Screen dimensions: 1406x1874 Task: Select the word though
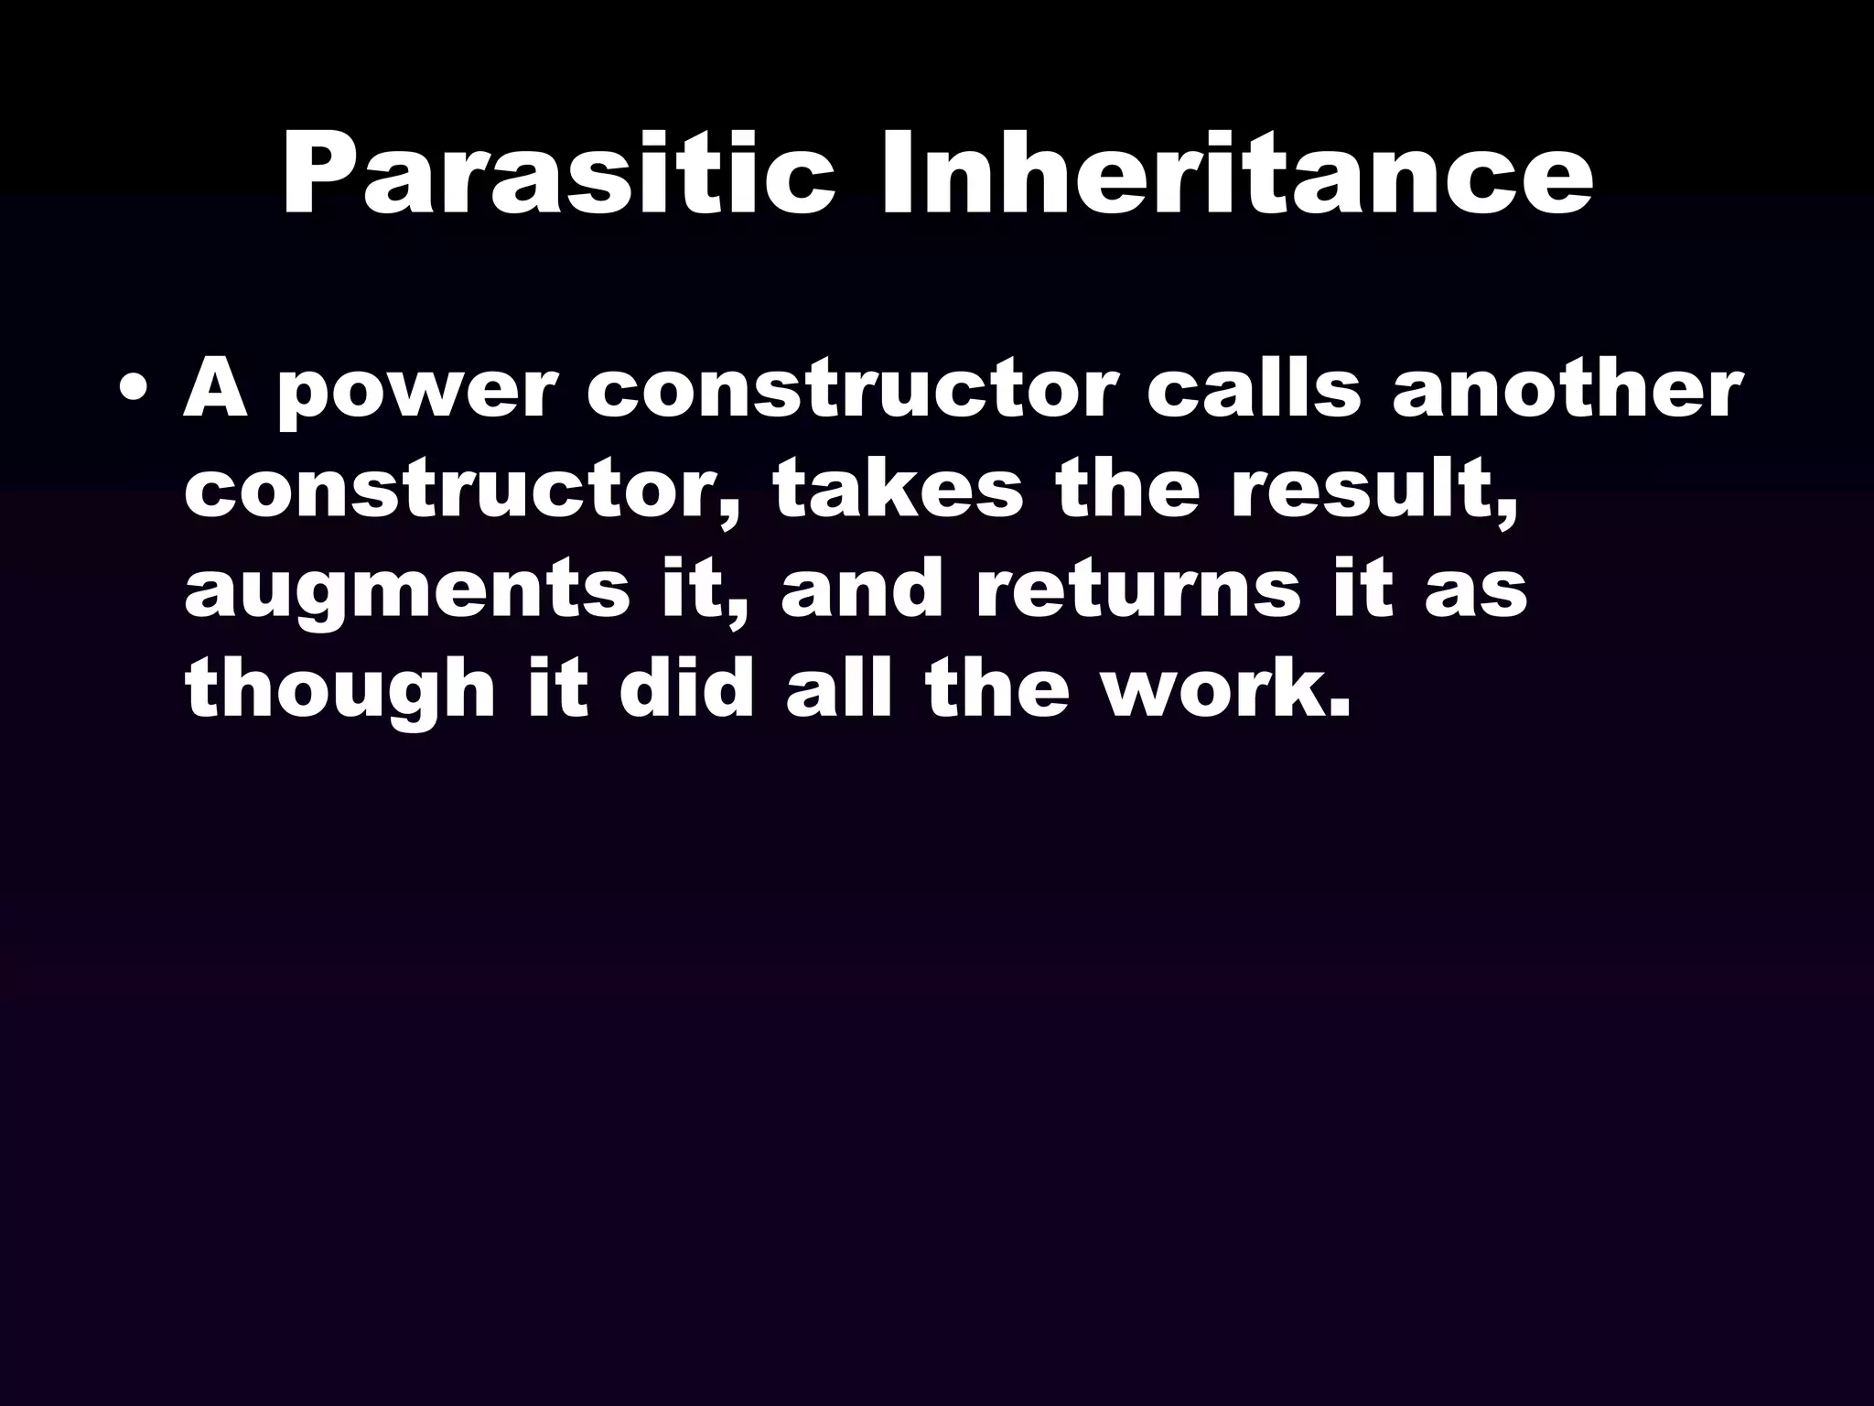338,694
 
